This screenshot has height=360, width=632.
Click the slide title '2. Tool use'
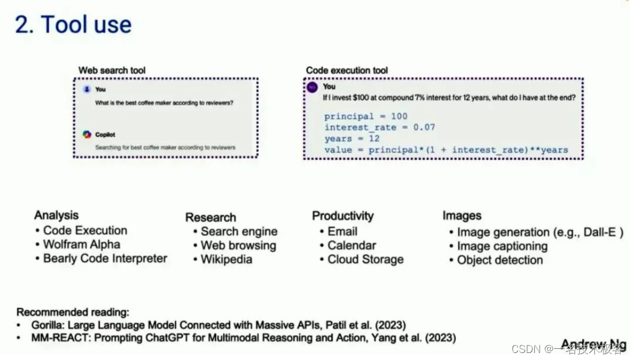tap(73, 25)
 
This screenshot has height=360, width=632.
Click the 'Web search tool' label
tap(112, 70)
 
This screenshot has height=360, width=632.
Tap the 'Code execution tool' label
tap(346, 70)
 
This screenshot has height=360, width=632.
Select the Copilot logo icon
tap(87, 135)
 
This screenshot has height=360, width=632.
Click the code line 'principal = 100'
tap(366, 116)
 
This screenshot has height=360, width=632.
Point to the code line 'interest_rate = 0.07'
tap(380, 128)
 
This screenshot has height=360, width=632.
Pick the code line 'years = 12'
tap(352, 139)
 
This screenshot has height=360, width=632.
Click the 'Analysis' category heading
tap(56, 215)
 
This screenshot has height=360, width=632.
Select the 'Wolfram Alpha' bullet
tap(81, 245)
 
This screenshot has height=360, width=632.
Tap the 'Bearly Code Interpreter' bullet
tap(105, 259)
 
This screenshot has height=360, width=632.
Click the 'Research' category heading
tap(211, 218)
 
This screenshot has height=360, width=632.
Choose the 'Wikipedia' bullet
tap(226, 259)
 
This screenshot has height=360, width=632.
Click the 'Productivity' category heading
tap(342, 216)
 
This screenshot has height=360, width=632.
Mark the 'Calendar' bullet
tap(351, 245)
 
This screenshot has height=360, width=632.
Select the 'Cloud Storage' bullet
tap(365, 259)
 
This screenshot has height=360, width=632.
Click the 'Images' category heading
tap(462, 216)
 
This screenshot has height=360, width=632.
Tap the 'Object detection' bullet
tap(500, 260)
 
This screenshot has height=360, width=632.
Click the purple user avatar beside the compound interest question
tap(312, 87)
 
